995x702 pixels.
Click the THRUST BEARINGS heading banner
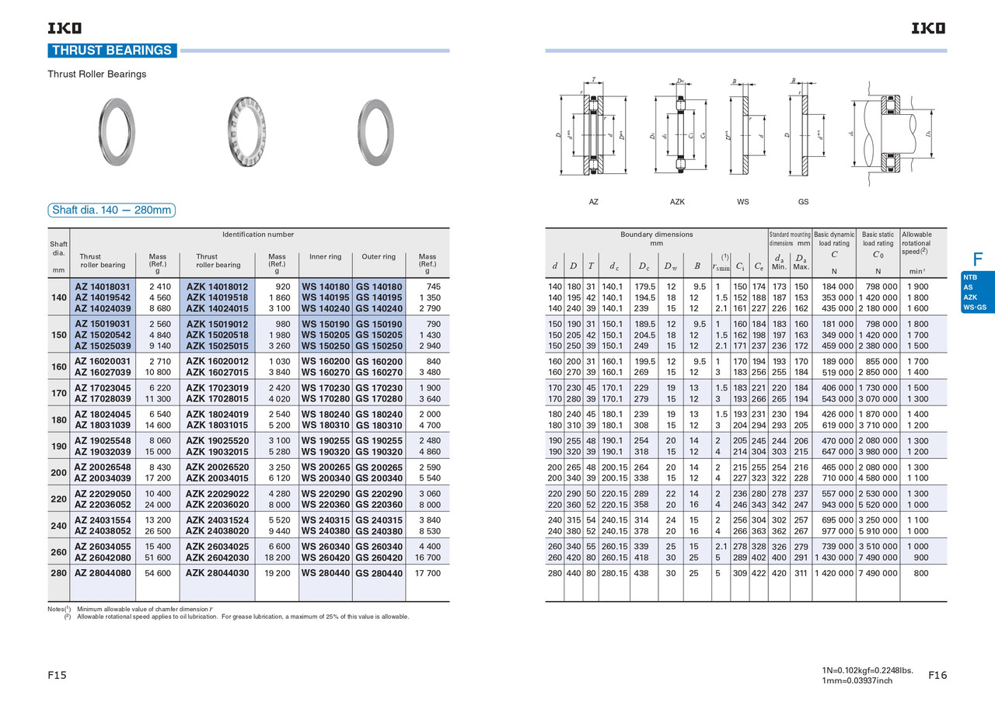tap(112, 50)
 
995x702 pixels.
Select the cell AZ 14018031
tap(102, 287)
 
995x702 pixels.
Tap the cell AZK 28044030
tap(217, 573)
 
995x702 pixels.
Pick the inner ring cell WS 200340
tap(326, 478)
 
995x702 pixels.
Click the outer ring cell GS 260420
tap(379, 558)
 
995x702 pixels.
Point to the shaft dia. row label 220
tap(58, 499)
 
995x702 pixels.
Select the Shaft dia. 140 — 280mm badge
tap(111, 210)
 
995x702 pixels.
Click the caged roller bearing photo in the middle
tap(246, 132)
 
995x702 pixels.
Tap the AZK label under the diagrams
tap(677, 202)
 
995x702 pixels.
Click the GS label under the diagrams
tap(803, 202)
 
